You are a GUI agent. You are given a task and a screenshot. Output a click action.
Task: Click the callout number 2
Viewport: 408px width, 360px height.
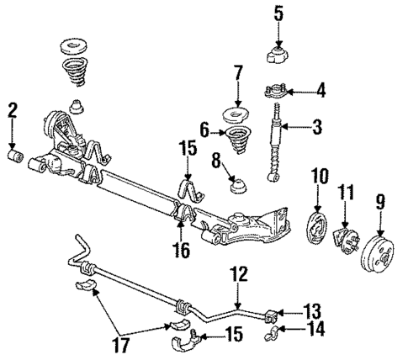point(13,109)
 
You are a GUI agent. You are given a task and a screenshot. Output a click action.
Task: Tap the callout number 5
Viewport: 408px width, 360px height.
point(279,13)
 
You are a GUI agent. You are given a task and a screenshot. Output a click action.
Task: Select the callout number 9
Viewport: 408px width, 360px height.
point(382,202)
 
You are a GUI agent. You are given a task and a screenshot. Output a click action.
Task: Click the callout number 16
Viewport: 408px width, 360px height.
point(183,250)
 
